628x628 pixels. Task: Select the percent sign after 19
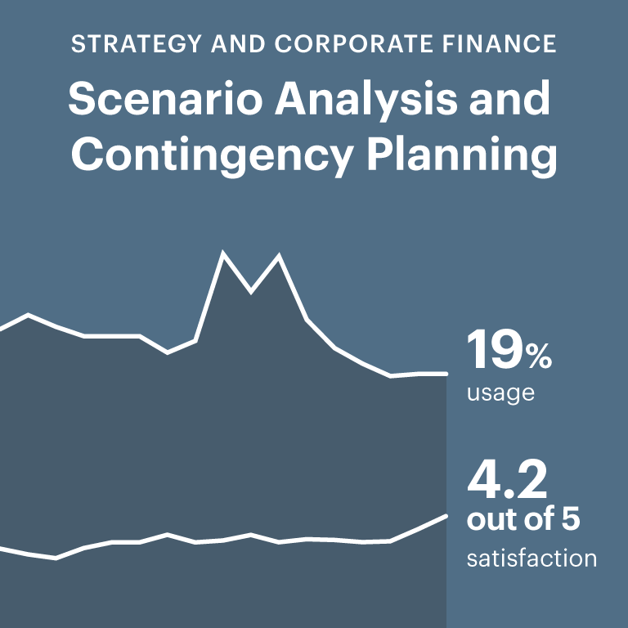[540, 356]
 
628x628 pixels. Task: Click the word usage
[500, 393]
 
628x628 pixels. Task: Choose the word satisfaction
[532, 559]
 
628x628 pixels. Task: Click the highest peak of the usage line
[223, 253]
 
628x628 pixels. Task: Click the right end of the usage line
[445, 374]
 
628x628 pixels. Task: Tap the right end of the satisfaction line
[445, 515]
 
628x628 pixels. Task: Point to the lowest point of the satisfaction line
[56, 558]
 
